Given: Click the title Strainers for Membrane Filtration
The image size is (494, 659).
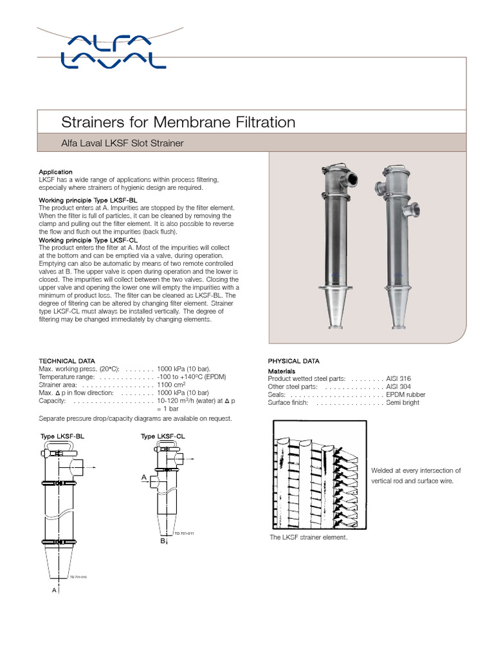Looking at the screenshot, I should click(x=178, y=122).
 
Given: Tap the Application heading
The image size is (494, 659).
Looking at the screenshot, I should click(x=56, y=172).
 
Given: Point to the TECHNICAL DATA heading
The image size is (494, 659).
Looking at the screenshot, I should click(x=67, y=361).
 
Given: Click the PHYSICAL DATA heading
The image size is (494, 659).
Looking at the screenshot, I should click(x=293, y=361).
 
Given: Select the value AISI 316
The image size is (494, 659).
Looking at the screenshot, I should click(x=399, y=379).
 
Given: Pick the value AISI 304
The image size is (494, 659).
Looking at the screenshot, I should click(x=399, y=387).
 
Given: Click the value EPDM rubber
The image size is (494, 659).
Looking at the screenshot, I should click(x=405, y=394).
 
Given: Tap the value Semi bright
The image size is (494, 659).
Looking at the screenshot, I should click(x=403, y=402).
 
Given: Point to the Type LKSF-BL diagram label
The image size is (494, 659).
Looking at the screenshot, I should click(x=62, y=436).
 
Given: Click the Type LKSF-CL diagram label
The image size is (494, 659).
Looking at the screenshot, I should click(x=163, y=436).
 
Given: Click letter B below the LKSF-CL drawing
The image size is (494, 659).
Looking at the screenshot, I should click(x=163, y=542).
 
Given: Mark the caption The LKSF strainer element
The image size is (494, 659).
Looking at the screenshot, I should click(x=308, y=537).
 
